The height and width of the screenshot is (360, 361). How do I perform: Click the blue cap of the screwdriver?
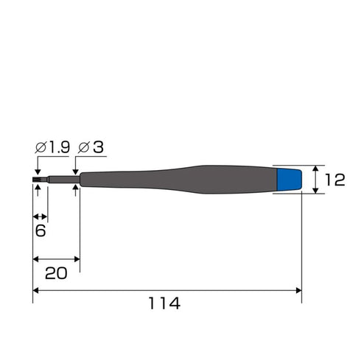pyautogui.click(x=290, y=180)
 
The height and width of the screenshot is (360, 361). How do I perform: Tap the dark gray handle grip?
pyautogui.click(x=178, y=180)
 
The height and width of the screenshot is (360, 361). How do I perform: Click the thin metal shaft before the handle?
pyautogui.click(x=64, y=180)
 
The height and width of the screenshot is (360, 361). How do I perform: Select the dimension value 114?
pyautogui.click(x=164, y=303)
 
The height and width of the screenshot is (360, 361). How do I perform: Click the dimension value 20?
pyautogui.click(x=56, y=273)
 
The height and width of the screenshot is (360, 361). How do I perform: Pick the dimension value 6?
pyautogui.click(x=41, y=230)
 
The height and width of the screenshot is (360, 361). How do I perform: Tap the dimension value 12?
pyautogui.click(x=335, y=180)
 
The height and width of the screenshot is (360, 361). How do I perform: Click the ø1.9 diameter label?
pyautogui.click(x=52, y=147)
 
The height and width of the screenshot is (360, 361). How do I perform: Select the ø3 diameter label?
pyautogui.click(x=91, y=147)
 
